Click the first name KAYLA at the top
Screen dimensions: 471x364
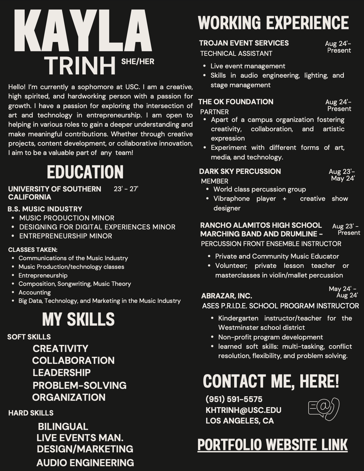(83, 31)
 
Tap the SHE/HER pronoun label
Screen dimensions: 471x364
(137, 62)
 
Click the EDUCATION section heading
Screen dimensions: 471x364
(85, 172)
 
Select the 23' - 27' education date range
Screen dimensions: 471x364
(126, 189)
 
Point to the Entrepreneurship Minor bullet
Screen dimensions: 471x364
(65, 236)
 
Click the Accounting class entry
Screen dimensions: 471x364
(35, 292)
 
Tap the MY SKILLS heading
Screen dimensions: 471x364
(79, 319)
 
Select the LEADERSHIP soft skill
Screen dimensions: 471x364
(62, 373)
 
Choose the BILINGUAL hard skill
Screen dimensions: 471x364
(63, 426)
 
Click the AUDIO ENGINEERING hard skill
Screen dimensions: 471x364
(85, 463)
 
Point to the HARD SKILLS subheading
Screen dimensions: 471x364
(31, 413)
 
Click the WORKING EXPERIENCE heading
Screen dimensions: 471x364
(273, 23)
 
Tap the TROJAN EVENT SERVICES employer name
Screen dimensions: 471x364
(244, 43)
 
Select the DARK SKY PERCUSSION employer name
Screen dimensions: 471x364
(240, 171)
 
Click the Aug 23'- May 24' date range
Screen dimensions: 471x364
(342, 175)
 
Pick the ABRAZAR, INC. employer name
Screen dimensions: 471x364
(227, 296)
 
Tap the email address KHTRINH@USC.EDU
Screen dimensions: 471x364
(244, 410)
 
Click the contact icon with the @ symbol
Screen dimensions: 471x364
(324, 409)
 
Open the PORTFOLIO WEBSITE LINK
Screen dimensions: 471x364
(272, 445)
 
